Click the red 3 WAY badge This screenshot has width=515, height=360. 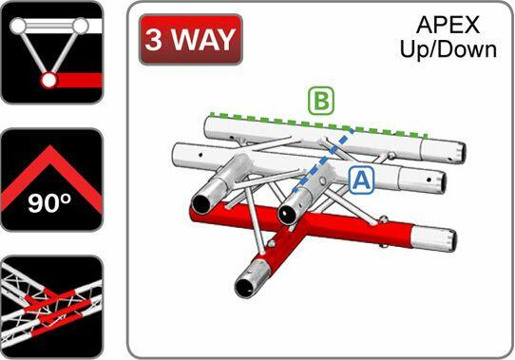point(190,40)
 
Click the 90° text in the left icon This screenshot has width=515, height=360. point(49,202)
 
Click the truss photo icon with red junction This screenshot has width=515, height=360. point(50,306)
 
